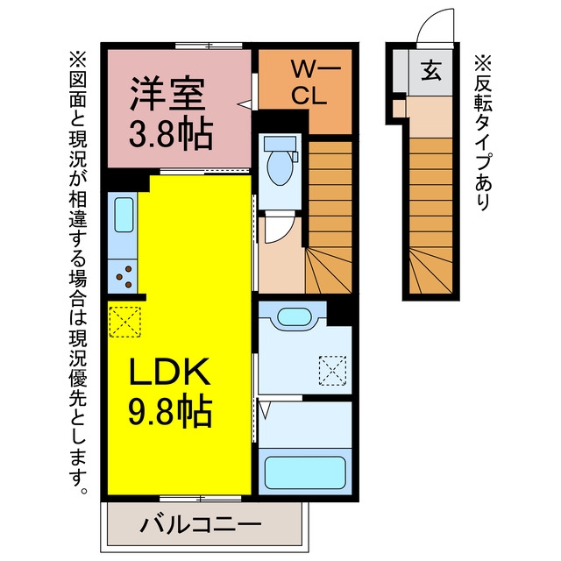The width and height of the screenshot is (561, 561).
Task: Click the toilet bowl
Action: point(280,167)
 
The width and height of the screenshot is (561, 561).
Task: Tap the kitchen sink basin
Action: point(124,215)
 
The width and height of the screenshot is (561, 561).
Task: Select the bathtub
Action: point(305,472)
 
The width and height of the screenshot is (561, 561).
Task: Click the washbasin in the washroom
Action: point(295,316)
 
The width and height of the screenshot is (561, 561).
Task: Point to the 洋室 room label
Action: point(167,94)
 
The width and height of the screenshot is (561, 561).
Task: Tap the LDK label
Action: point(169,372)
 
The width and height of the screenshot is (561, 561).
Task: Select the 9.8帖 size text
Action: point(170,410)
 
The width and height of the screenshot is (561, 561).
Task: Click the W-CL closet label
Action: point(309,83)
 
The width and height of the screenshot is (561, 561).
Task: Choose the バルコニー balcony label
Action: point(201,525)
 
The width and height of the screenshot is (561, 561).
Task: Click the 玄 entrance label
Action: point(430,70)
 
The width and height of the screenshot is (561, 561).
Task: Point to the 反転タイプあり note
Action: point(483,132)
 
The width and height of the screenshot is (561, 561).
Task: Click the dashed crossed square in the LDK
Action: point(124,322)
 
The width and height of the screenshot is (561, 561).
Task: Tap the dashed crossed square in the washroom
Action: point(332,370)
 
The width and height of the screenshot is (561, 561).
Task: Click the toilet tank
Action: point(280,144)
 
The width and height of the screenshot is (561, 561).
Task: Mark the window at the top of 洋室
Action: point(209,46)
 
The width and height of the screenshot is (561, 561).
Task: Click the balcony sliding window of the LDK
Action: point(201,499)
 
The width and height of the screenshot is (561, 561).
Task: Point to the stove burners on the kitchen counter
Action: point(124,277)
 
